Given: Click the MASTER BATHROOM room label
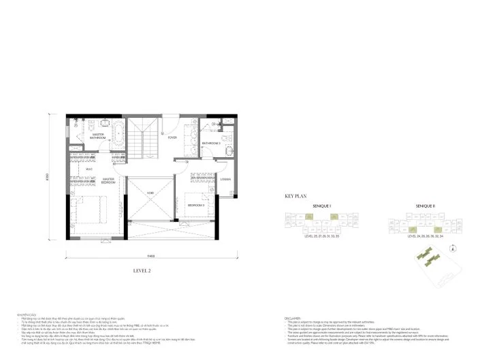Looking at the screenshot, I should pos(103,136).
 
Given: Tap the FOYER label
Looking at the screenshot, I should pos(173,137).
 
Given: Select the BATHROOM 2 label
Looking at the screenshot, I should pos(210,144).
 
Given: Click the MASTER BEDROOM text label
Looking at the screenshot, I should pos(108,182).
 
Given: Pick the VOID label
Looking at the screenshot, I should pos(150,193).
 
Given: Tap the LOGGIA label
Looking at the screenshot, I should pos(227,180).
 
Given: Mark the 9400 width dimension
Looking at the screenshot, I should pos(151,256).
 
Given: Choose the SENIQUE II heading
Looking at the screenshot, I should pos(426,205).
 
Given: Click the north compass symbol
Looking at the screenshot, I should pos(450,249).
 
